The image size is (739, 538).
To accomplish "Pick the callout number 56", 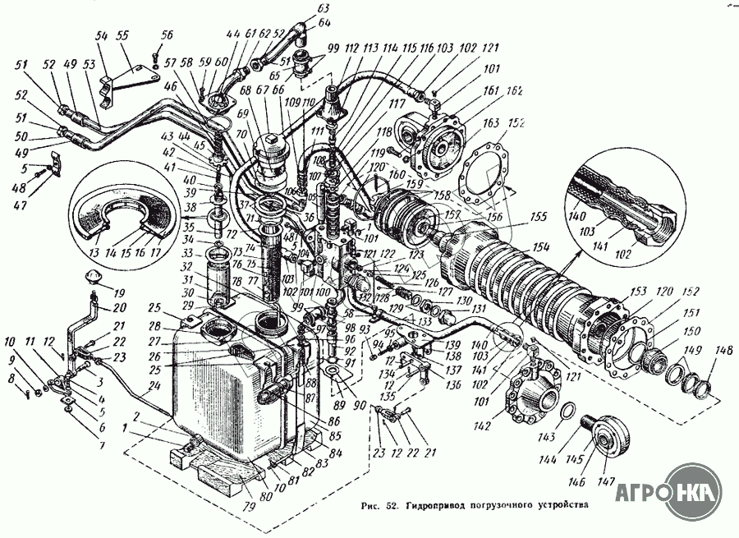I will [168, 34].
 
